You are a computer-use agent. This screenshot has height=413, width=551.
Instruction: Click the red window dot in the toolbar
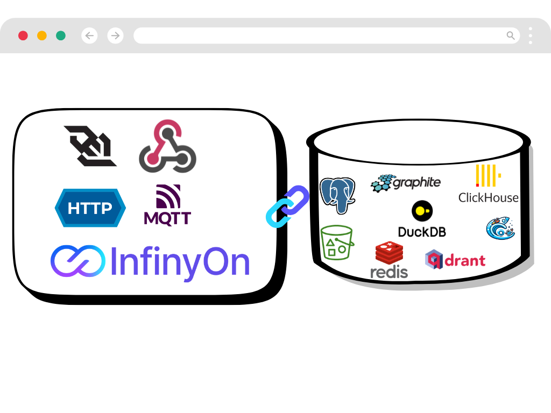[23, 35]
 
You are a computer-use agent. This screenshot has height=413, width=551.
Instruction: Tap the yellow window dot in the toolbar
[42, 35]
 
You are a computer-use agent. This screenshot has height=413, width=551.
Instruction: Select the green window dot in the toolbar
[61, 35]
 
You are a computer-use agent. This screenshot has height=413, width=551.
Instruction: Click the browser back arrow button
[89, 35]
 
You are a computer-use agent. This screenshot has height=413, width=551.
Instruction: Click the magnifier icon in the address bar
[511, 35]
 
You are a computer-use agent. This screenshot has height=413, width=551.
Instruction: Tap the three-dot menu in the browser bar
[531, 35]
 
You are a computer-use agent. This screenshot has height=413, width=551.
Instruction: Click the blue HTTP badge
[90, 208]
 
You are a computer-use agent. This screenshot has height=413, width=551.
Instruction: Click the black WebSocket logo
[90, 146]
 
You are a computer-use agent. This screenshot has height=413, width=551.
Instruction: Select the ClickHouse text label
[488, 197]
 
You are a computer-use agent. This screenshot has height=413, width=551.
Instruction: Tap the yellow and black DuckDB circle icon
[422, 211]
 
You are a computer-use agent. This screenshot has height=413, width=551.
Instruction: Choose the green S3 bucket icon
[337, 243]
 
